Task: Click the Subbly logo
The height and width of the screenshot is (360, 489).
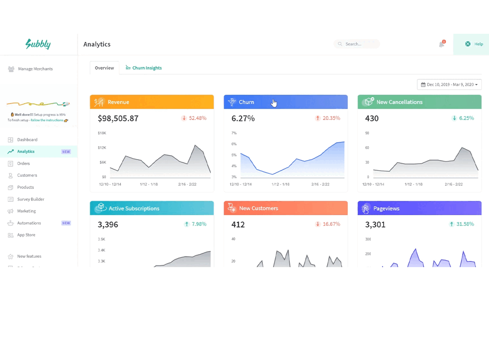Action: [x=38, y=44]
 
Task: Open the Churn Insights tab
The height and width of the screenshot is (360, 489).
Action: [x=144, y=68]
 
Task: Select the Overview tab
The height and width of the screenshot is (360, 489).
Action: [x=104, y=68]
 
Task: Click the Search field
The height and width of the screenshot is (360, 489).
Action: [x=357, y=44]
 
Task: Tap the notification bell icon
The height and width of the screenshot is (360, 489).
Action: [x=441, y=44]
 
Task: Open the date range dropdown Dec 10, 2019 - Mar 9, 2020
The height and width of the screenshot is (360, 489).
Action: [x=449, y=84]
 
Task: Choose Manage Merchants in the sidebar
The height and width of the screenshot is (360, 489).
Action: [x=35, y=69]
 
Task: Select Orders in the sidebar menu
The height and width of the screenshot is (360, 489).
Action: [x=24, y=163]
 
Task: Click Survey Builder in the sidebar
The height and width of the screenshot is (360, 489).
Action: [x=31, y=199]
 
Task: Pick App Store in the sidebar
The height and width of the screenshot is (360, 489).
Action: [x=26, y=235]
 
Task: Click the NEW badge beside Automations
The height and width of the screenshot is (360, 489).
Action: [x=66, y=223]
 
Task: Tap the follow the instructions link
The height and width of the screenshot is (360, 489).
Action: [x=47, y=120]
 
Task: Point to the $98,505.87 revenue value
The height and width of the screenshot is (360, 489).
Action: [x=118, y=118]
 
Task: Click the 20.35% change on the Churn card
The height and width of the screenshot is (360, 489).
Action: [x=331, y=118]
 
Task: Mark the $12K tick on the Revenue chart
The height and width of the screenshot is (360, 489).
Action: [x=102, y=148]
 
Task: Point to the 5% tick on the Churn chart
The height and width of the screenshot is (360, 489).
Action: [x=234, y=155]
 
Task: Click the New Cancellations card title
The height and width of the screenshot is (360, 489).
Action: [x=399, y=102]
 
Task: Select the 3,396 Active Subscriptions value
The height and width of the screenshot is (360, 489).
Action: [x=108, y=225]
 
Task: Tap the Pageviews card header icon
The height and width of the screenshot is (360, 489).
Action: [x=365, y=208]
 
